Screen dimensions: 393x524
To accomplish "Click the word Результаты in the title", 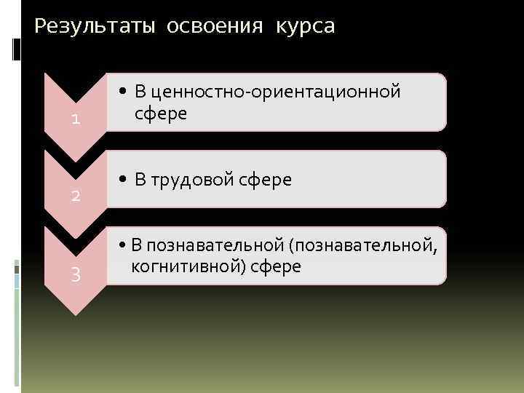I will coord(95,27).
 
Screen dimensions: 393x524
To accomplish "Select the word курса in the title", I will coord(305,27).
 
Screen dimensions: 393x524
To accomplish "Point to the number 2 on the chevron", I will coord(75,196).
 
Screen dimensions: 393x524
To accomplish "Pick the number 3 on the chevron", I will coord(75,274).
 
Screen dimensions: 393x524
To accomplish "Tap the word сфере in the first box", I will coord(161,114).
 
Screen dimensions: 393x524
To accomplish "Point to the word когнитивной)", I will coord(187,266).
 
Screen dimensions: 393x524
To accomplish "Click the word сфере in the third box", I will coord(275,266).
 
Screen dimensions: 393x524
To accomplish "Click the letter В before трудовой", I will coord(140,179).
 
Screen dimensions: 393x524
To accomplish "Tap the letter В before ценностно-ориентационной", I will coord(140,92).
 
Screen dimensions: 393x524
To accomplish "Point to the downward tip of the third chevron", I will coord(75,312).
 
